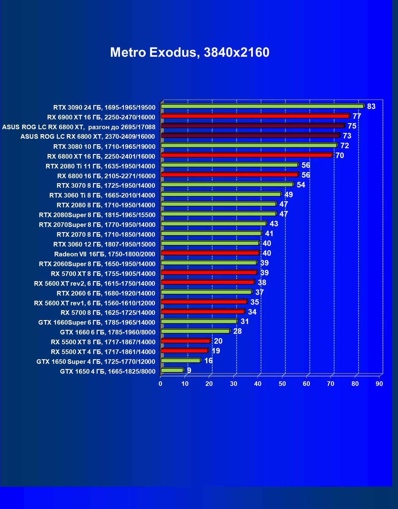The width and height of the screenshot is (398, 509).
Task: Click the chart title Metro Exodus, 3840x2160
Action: point(190,52)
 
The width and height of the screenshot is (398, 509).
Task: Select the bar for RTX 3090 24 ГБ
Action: point(262,106)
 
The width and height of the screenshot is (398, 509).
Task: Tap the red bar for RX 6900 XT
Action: point(255,116)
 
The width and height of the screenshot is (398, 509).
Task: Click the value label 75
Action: point(352,126)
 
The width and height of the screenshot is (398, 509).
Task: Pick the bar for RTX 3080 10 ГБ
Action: point(249,145)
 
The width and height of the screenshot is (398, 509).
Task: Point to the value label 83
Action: point(371,107)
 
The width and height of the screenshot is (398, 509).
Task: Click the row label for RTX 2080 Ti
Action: point(100,166)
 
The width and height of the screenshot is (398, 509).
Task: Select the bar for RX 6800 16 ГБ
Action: point(229,175)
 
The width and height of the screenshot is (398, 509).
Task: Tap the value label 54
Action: point(301,185)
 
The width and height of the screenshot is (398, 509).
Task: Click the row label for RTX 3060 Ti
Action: point(102,195)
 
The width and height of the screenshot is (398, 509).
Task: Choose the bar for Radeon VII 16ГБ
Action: point(210,253)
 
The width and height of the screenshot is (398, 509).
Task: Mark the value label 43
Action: point(274,224)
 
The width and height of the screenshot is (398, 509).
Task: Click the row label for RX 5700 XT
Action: point(103,274)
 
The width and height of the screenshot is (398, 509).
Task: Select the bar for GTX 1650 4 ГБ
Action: point(172,370)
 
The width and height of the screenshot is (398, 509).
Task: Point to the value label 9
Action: point(189,371)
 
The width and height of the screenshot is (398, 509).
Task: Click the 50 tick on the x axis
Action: point(282,384)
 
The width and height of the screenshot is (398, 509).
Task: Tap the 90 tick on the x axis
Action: point(379,384)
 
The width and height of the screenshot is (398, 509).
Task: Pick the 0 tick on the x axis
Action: point(160,384)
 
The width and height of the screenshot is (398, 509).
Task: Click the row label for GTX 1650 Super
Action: point(96,362)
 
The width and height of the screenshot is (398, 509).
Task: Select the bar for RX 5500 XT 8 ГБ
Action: point(186,341)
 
